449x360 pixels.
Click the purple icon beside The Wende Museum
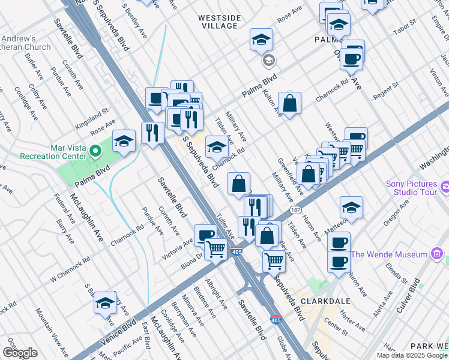pos(438,254)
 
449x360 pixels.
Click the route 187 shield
pos(295,211)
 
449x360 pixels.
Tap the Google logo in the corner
pos(20,352)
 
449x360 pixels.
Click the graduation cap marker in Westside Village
pos(261,40)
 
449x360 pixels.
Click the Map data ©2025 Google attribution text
pos(411,355)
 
